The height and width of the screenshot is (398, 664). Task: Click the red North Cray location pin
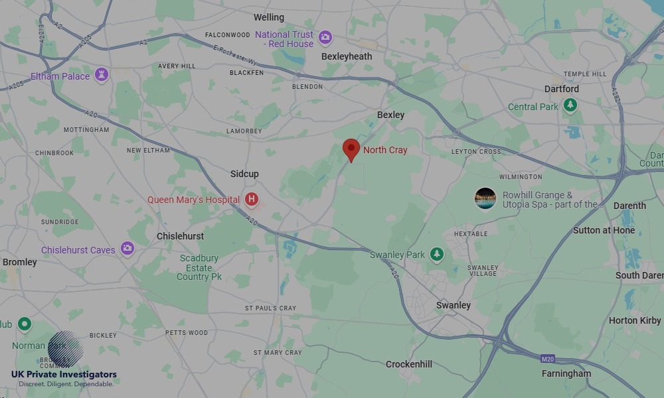pos(351,149)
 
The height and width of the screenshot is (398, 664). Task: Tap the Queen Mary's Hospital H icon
pos(251,199)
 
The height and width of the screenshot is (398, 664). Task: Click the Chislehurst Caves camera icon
pos(127,249)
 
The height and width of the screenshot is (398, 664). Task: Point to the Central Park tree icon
pos(570,105)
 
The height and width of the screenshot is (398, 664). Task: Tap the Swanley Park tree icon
pos(436,255)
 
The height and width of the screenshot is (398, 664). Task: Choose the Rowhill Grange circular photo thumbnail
pos(485,198)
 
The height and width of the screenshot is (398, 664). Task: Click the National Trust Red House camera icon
pos(325,37)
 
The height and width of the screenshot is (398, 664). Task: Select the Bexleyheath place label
pos(347,56)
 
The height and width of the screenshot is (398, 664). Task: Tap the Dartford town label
pos(561,89)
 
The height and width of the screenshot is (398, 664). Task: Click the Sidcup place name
pos(244,174)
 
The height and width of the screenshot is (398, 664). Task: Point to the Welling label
pos(269,17)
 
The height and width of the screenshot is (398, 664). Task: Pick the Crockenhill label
pos(409,364)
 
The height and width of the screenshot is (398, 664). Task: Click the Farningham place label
pos(566,373)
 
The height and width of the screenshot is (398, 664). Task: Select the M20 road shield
pos(547,359)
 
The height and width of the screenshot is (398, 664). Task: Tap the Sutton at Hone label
pos(604,230)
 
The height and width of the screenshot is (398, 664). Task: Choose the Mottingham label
pos(86,130)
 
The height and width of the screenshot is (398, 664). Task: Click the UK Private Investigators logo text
pos(64,375)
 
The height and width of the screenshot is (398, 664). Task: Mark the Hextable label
pos(471,233)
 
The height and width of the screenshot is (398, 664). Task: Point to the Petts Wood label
pos(187,332)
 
